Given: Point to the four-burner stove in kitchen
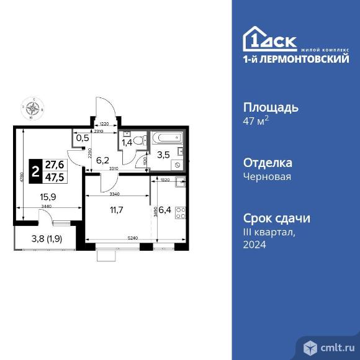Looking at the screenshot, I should tap(181, 214).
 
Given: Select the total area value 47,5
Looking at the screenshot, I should tap(55, 175).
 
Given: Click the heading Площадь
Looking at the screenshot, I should tap(270, 107).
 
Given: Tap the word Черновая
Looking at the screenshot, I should tap(266, 176).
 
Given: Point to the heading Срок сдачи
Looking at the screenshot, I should tap(275, 218).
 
